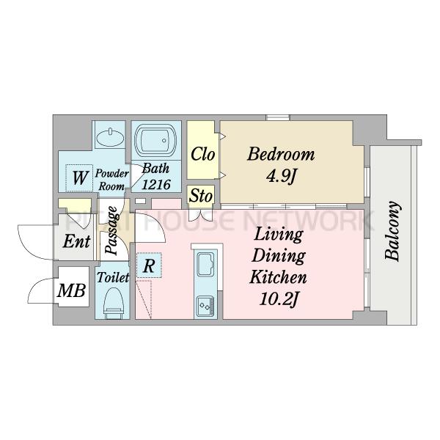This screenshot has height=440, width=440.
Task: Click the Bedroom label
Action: tap(281, 154)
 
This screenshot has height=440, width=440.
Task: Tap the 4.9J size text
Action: tap(281, 176)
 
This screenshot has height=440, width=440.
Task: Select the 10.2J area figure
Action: tap(278, 299)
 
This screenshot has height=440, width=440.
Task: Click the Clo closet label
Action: tap(202, 154)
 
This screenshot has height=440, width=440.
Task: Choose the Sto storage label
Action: tap(201, 196)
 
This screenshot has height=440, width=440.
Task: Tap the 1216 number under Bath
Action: tap(156, 184)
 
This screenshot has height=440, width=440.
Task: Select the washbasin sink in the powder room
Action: tap(110, 137)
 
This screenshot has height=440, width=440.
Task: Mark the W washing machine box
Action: tap(80, 177)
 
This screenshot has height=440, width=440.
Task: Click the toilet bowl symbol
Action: tap(114, 303)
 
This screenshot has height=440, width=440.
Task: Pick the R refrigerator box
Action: tap(149, 265)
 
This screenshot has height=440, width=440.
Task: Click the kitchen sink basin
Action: tap(205, 264)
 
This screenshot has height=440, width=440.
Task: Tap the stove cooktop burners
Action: tap(205, 307)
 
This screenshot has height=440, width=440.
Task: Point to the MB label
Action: tap(71, 290)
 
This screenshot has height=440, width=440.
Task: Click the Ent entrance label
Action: tap(76, 241)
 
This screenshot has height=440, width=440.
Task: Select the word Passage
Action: tap(112, 231)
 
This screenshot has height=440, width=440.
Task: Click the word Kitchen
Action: tap(278, 276)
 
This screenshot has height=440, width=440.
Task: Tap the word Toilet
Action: tap(113, 277)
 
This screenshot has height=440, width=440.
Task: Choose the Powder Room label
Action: tap(111, 180)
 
